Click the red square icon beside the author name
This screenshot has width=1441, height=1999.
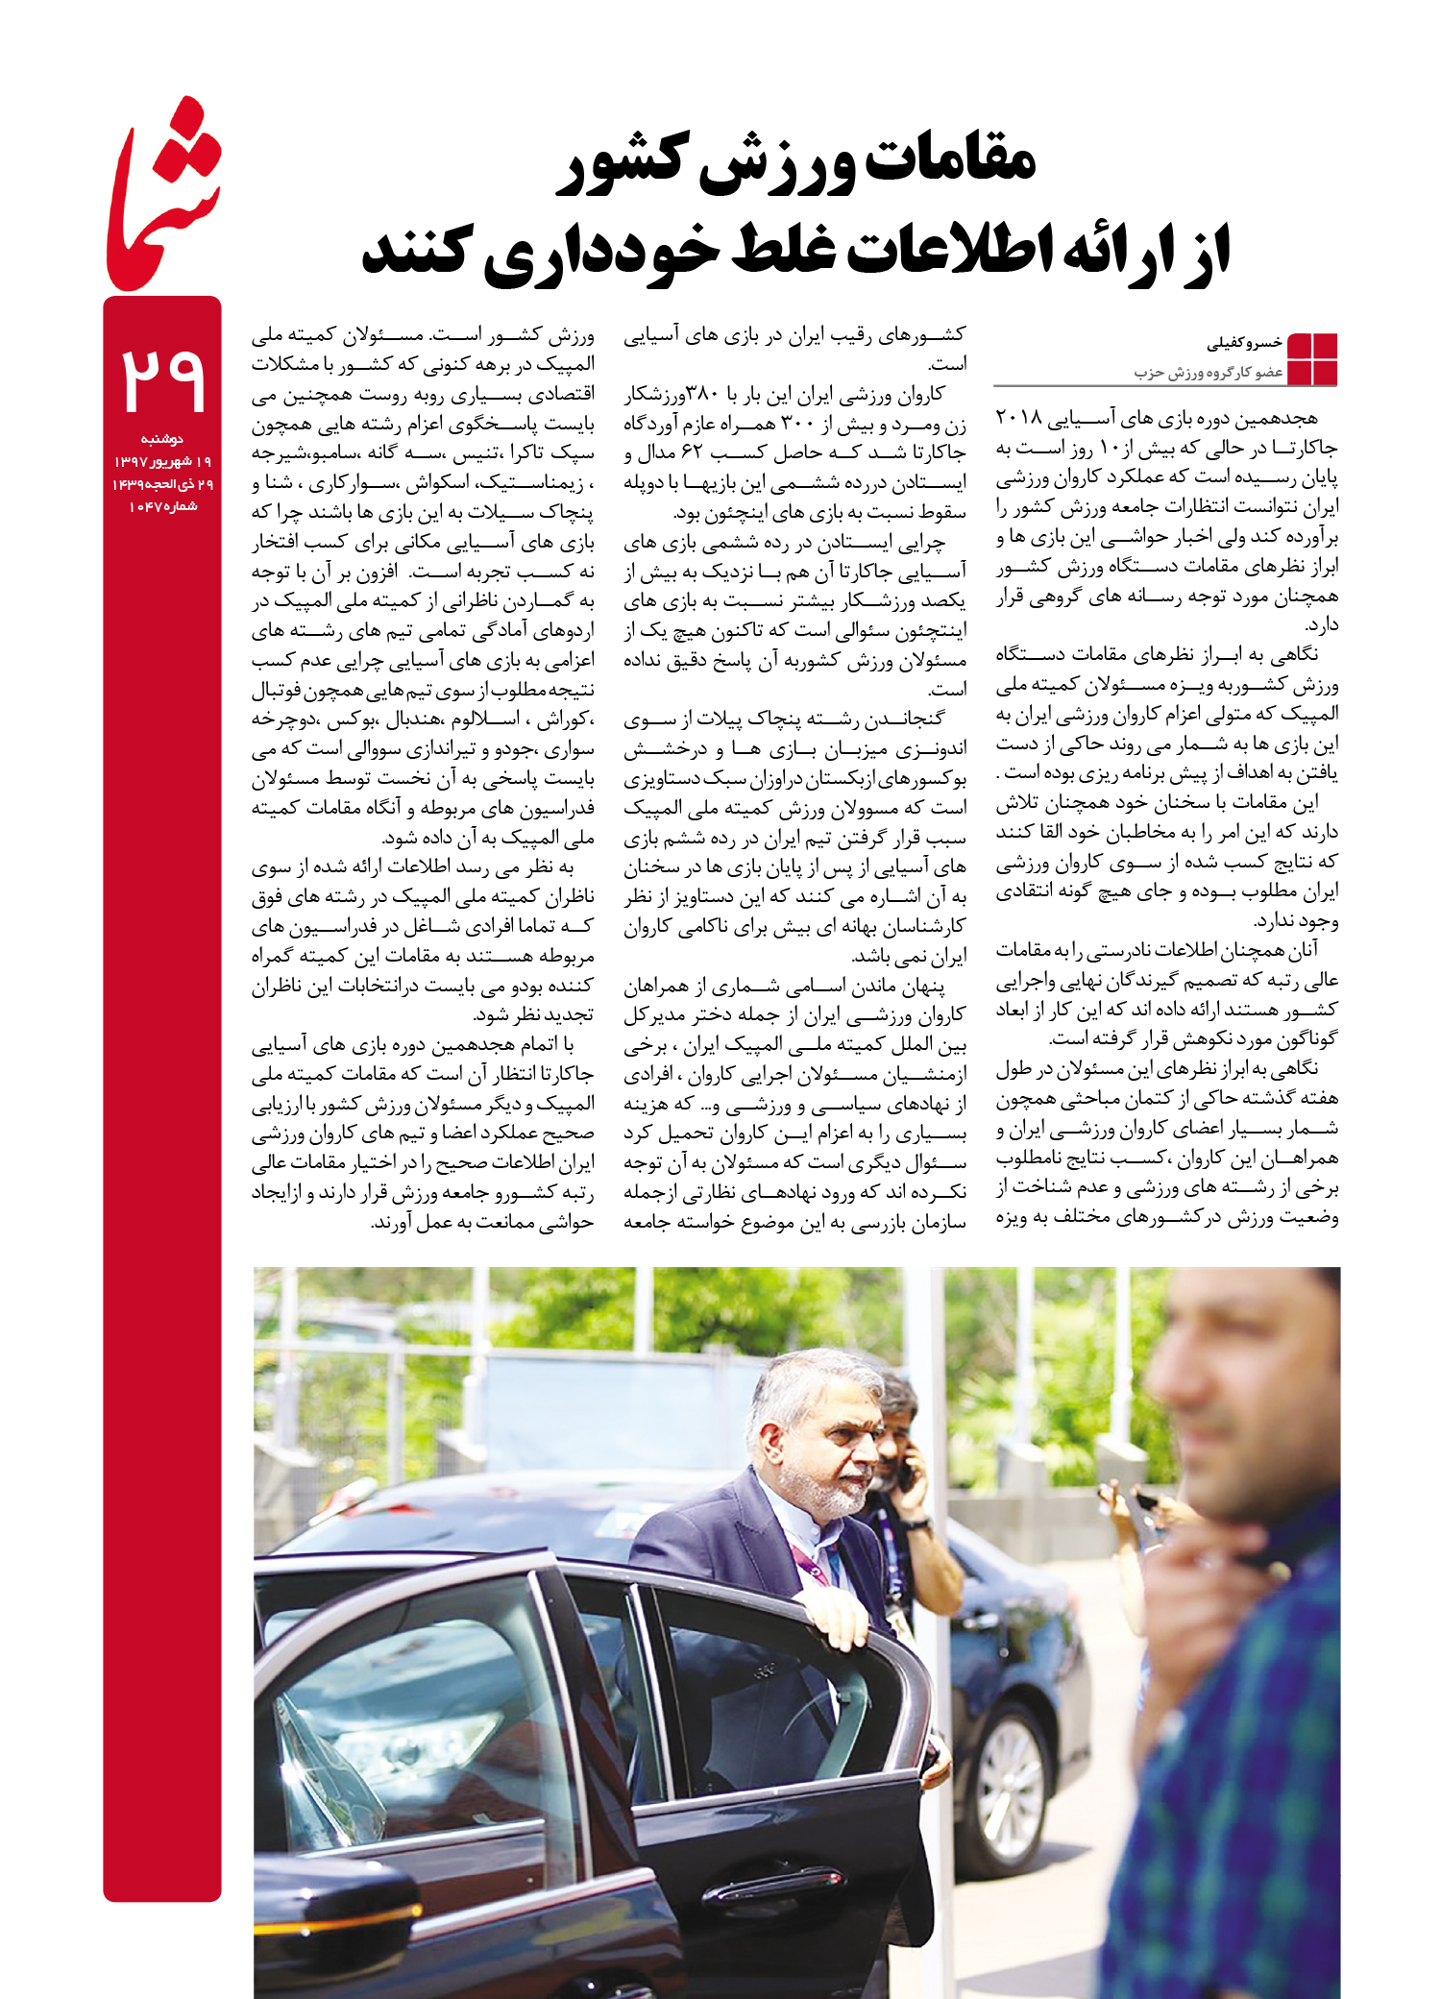(1312, 358)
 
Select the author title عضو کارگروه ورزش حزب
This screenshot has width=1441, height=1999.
(1209, 372)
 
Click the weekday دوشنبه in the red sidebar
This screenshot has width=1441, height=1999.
(162, 439)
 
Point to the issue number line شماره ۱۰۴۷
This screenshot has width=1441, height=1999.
(162, 506)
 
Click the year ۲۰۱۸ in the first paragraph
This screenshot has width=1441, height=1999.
(1019, 418)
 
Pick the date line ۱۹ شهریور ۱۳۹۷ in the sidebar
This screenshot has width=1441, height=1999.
(162, 462)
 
